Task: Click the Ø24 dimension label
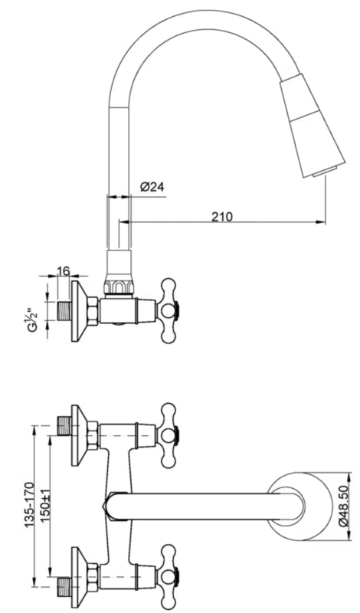152,187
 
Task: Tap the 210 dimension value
222,216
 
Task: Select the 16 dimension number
63,271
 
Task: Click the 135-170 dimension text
29,505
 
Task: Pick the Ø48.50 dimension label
342,506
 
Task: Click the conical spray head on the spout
312,125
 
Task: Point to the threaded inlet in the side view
64,311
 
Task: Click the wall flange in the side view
80,311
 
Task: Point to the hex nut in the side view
93,311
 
